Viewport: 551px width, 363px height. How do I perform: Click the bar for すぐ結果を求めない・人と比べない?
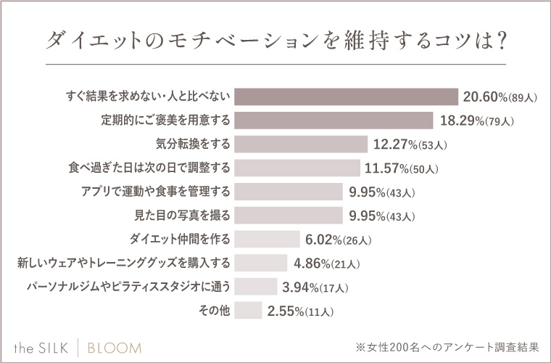point(346,97)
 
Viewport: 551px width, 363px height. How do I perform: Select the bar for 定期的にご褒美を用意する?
point(333,121)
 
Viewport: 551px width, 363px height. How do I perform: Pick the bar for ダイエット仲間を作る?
point(267,239)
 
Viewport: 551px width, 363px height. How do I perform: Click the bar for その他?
point(248,310)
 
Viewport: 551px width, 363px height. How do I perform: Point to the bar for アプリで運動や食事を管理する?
point(289,192)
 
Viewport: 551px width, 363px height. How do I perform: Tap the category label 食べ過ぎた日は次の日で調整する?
point(147,168)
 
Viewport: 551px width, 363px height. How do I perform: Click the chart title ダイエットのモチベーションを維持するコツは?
point(275,41)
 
